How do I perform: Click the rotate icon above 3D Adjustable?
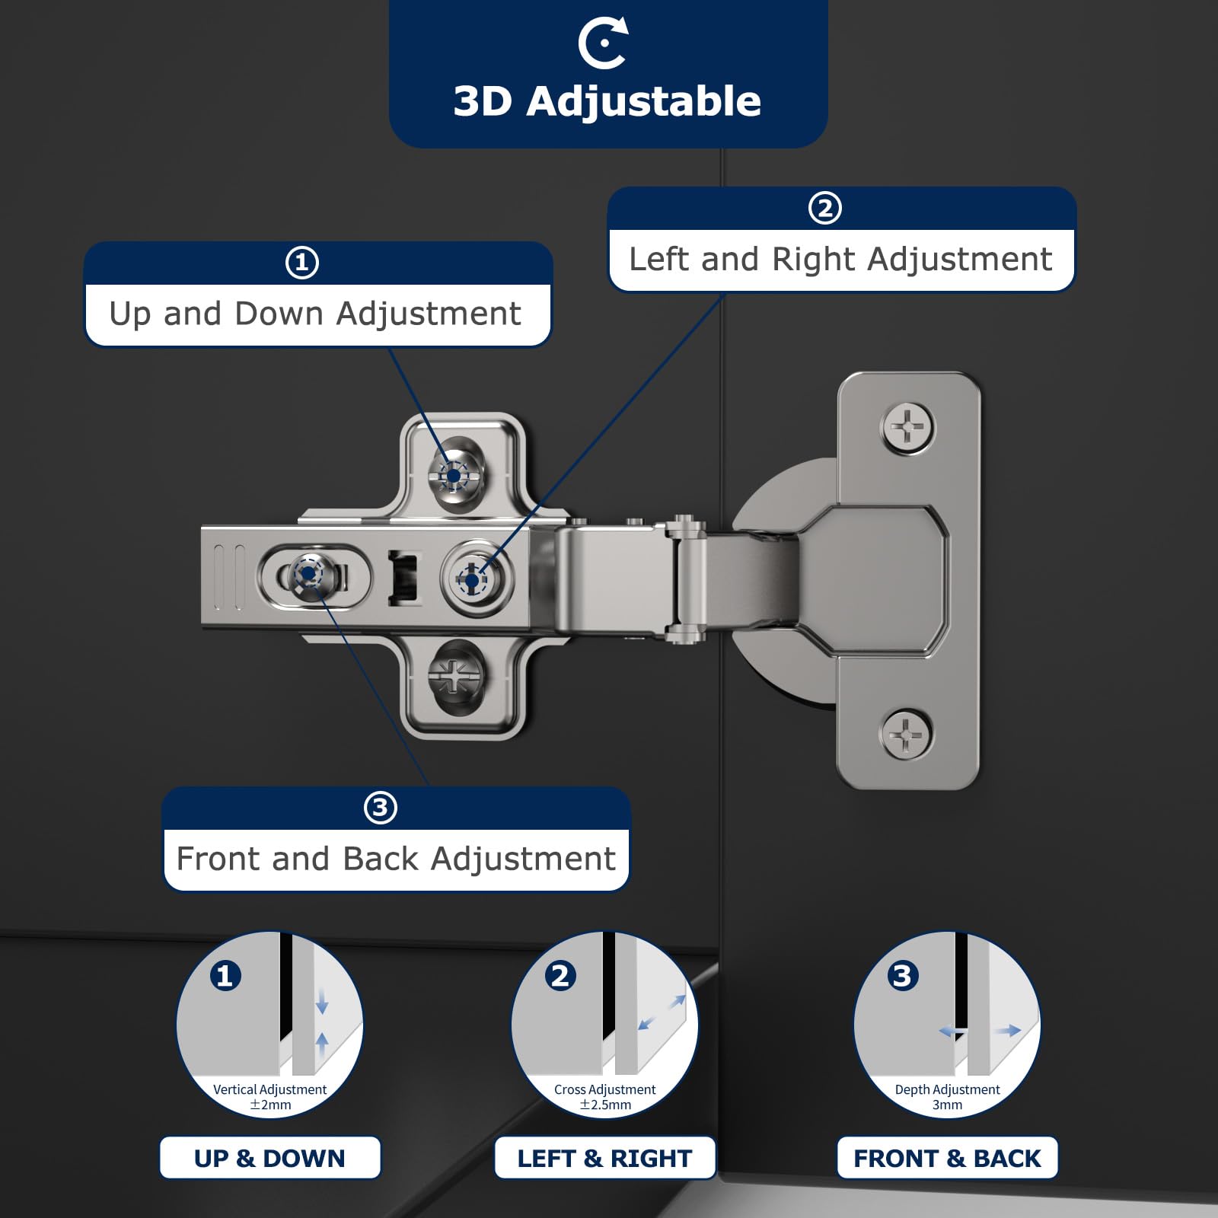(603, 43)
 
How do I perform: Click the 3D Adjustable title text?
(607, 101)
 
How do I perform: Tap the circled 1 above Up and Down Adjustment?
(302, 263)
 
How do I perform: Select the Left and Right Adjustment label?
(840, 259)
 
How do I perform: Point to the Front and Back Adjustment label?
(396, 859)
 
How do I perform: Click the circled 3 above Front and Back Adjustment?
(381, 808)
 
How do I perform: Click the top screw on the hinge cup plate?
(908, 429)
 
